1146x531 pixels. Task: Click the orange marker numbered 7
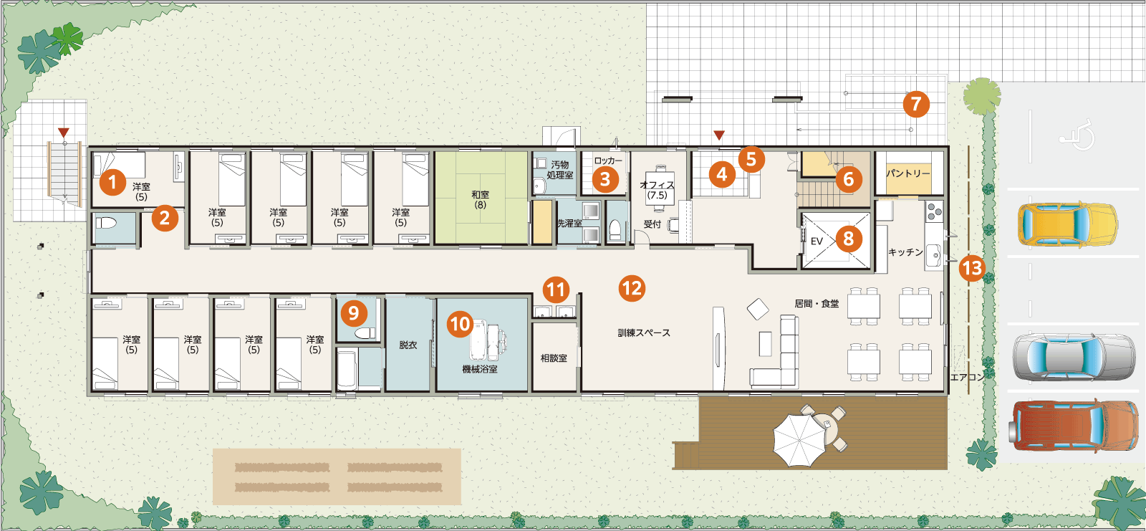point(916,104)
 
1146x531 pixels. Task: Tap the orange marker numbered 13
point(972,268)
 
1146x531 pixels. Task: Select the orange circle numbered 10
point(460,324)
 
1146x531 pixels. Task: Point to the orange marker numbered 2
point(164,218)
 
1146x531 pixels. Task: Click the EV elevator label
point(817,241)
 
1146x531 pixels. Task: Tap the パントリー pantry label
point(908,173)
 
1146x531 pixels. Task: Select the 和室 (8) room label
point(480,200)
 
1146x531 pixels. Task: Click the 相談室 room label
point(554,358)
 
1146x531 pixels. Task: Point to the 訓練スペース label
point(644,333)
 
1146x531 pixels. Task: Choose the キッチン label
point(905,252)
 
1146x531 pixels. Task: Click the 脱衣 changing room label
point(408,345)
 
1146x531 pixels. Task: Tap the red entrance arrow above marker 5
point(719,135)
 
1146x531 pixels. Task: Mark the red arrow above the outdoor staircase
point(64,133)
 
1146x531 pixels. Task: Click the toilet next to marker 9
point(365,333)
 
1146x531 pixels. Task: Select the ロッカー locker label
point(608,161)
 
